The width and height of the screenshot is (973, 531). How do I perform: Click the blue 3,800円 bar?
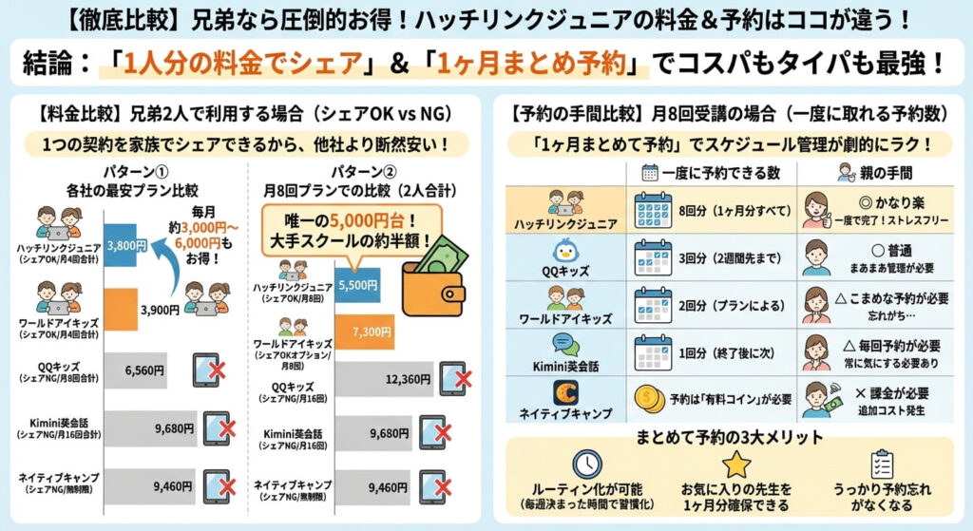(126, 243)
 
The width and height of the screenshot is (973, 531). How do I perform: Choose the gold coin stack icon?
(648, 399)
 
